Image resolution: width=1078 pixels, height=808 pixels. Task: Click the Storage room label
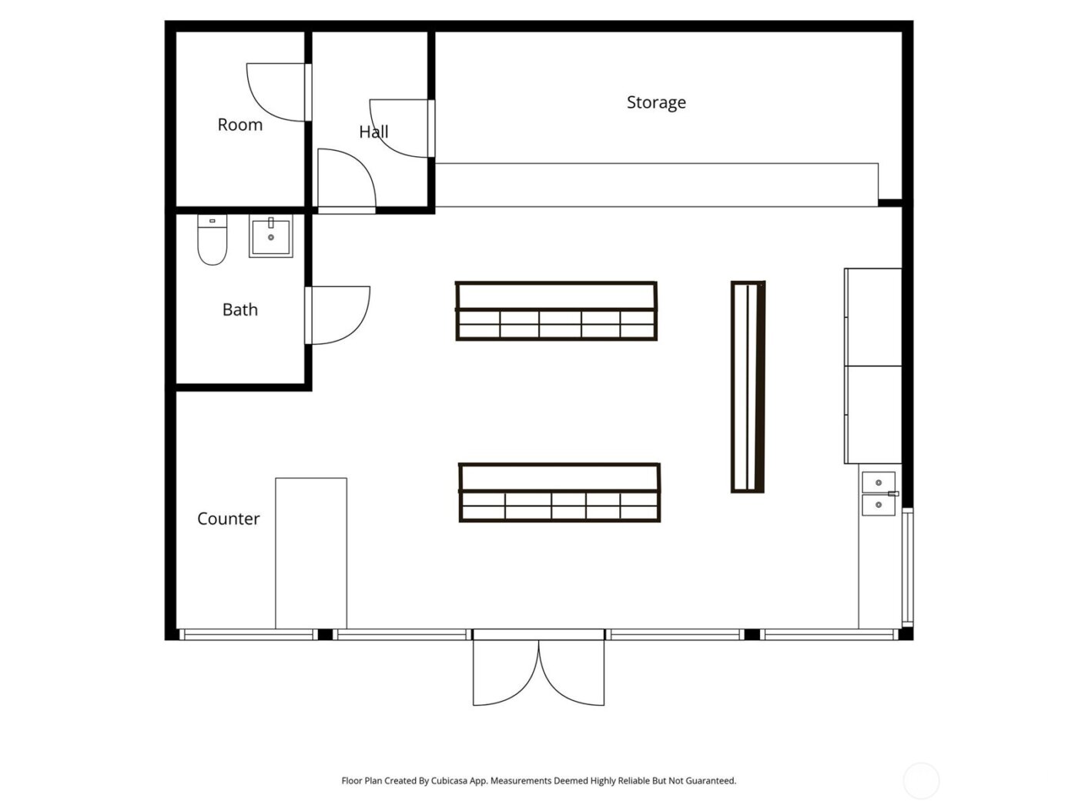click(656, 102)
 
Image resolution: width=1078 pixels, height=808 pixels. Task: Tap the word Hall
click(373, 132)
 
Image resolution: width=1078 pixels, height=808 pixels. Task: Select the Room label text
click(239, 125)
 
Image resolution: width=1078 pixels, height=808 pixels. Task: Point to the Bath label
click(239, 309)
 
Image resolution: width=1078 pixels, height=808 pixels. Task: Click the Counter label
click(228, 519)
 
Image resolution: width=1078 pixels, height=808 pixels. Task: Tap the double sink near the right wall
click(878, 493)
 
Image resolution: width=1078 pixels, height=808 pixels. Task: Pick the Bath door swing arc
click(339, 316)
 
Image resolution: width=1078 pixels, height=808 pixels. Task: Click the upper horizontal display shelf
click(556, 311)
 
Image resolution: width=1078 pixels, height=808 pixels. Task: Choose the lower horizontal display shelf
click(560, 492)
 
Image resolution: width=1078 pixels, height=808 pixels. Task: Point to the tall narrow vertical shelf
click(748, 386)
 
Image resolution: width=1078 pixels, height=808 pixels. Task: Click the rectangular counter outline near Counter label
click(311, 553)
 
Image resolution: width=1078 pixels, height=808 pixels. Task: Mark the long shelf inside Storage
click(656, 185)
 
